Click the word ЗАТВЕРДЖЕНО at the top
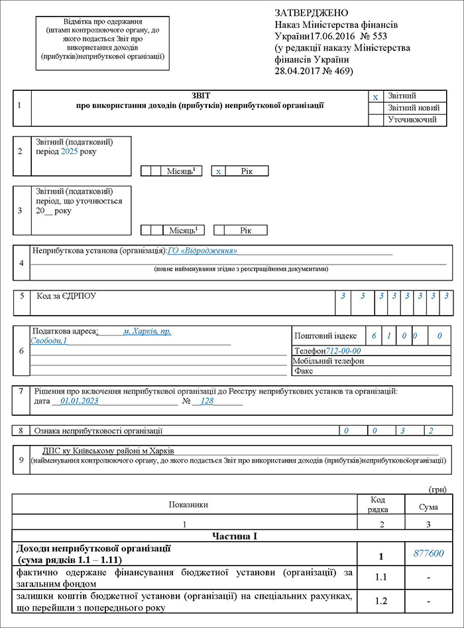point(310,13)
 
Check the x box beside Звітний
point(375,97)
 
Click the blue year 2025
point(69,152)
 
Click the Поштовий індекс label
point(325,336)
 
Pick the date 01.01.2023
point(79,401)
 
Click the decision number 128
point(207,401)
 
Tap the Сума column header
point(429,507)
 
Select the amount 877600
point(429,554)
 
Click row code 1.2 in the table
point(380,601)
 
